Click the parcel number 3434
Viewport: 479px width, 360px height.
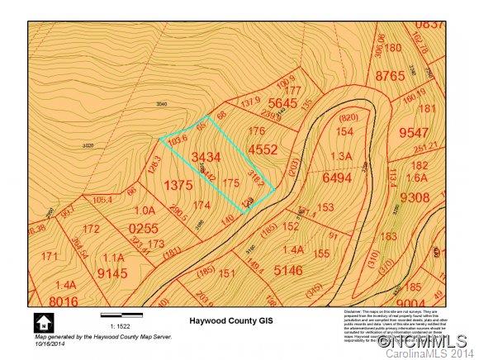206,156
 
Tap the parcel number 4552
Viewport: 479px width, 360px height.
263,149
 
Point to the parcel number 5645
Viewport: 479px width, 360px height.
282,102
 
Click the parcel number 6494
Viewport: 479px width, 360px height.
337,178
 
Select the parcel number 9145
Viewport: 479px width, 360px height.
114,272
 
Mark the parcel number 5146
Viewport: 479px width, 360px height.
289,269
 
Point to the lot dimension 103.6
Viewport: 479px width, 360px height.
173,141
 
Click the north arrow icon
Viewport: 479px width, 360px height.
40,320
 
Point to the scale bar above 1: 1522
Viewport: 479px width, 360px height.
121,315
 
